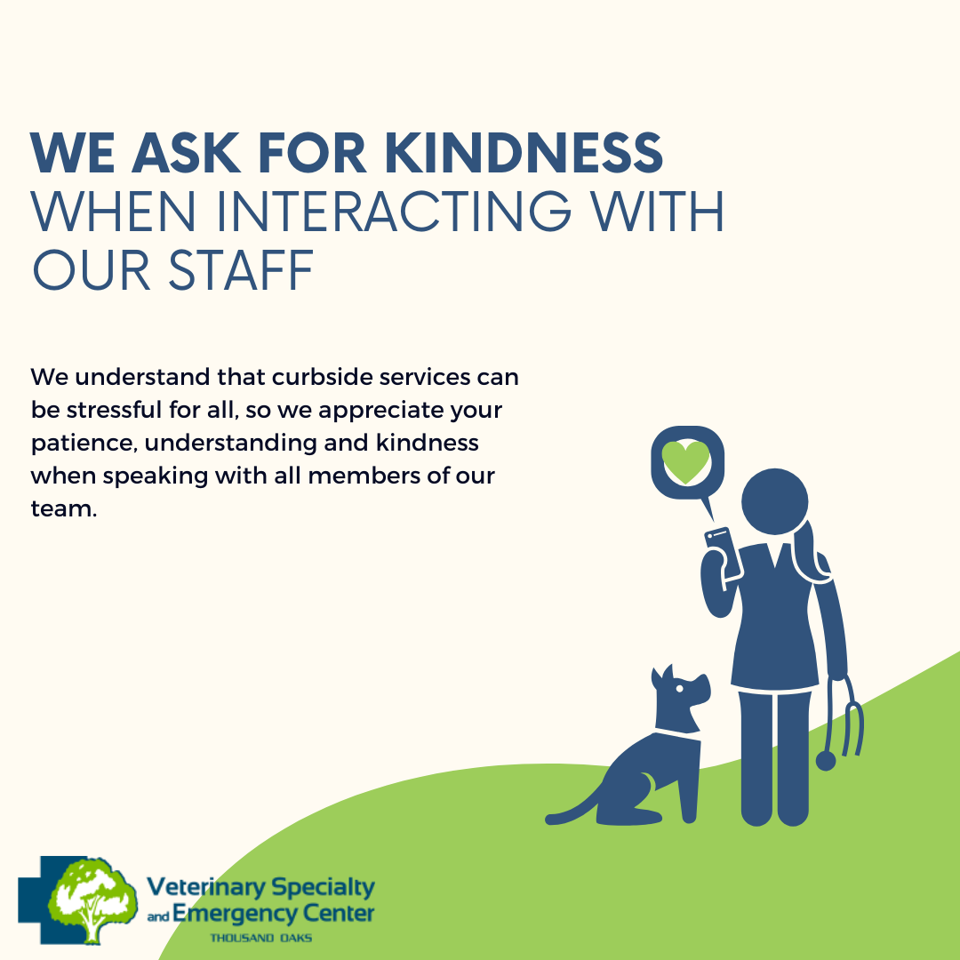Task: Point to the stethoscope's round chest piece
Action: coord(826,762)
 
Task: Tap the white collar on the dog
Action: coord(678,735)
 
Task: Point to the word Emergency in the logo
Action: coord(233,914)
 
